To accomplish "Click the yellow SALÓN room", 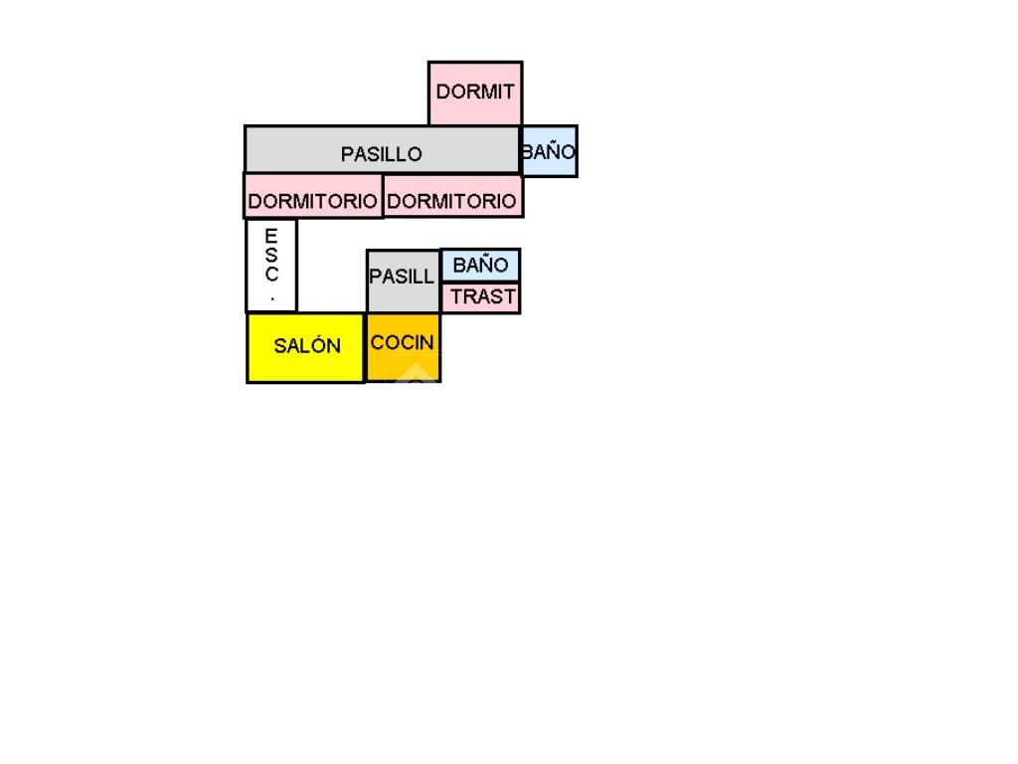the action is (x=305, y=347).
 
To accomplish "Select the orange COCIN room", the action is (x=403, y=348).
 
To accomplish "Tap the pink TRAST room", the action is (x=481, y=297).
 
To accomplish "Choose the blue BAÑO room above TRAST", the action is (x=480, y=266).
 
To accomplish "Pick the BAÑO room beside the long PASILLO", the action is (x=549, y=152).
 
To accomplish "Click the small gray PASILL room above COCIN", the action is (x=403, y=280).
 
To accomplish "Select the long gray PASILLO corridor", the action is (x=382, y=150).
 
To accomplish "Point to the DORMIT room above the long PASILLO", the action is (x=475, y=93).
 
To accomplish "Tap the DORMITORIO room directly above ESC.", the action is (x=313, y=197).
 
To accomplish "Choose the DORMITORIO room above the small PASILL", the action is (x=452, y=197).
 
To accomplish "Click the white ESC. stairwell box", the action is (x=271, y=266).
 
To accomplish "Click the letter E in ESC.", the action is (x=271, y=236).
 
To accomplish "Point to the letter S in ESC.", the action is (x=271, y=255).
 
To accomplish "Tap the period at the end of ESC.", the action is (x=271, y=296).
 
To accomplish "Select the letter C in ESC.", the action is (x=271, y=275).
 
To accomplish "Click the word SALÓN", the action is (x=307, y=346).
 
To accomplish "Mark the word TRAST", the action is (x=483, y=296).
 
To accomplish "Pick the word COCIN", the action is (x=403, y=342).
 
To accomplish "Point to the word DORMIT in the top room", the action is (x=475, y=92).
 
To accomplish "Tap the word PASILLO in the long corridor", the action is (x=382, y=154).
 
